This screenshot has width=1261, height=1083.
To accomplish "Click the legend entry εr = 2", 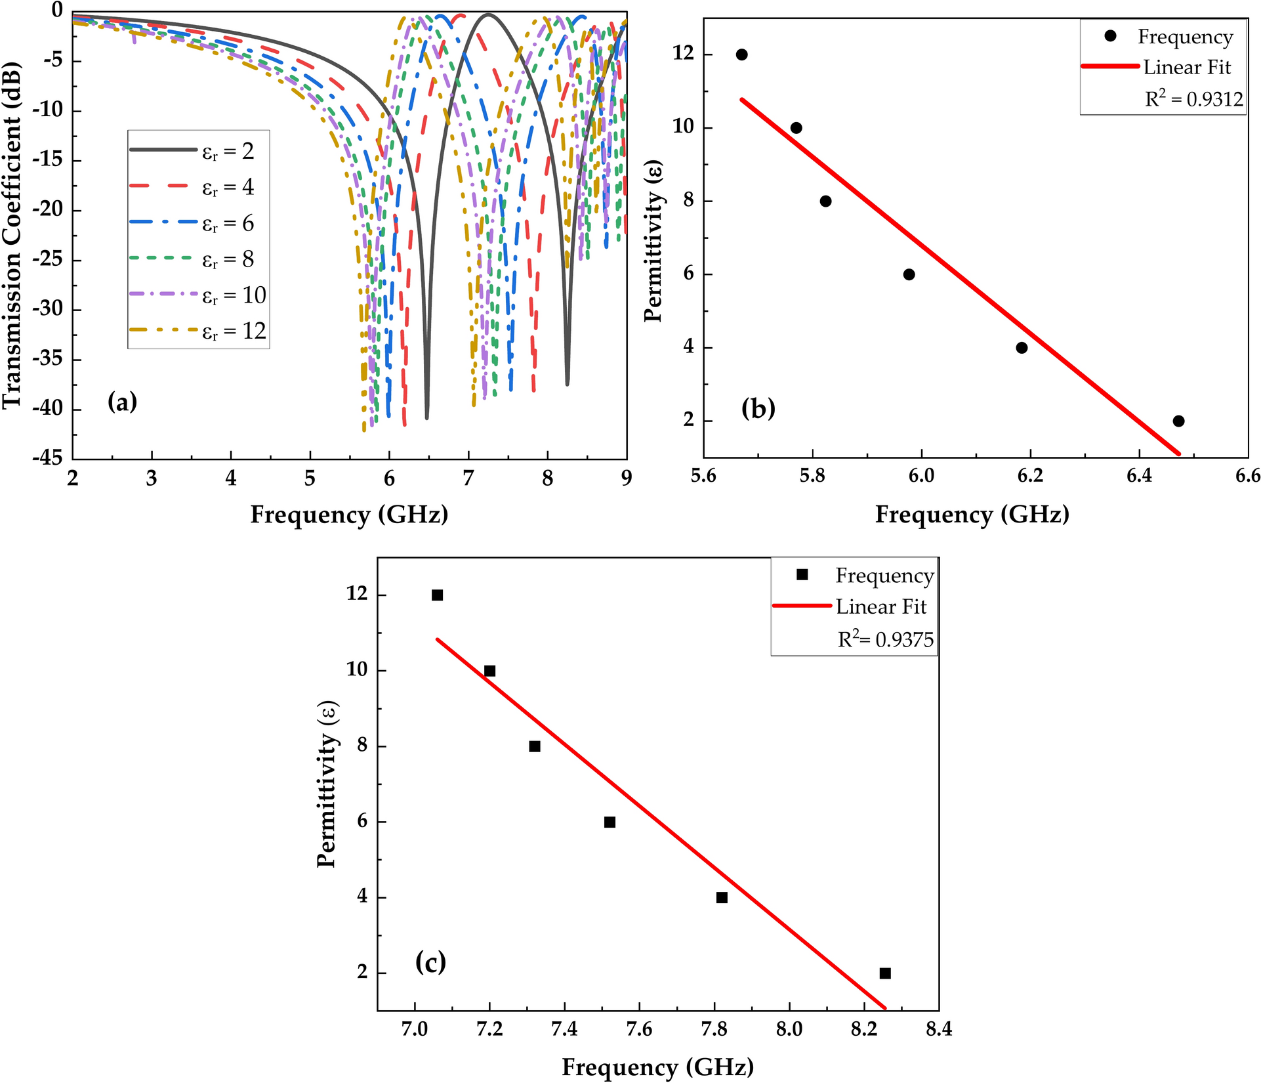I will click(x=227, y=152).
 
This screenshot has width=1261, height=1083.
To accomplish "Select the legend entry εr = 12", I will click(x=233, y=331).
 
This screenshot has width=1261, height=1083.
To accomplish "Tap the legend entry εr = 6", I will click(x=227, y=224).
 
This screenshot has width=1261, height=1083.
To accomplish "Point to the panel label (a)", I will click(x=122, y=401).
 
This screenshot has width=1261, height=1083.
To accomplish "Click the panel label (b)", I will click(x=758, y=408).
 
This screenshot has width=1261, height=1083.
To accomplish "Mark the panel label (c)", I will click(x=430, y=962).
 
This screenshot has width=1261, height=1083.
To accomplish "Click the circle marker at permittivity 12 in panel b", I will click(x=741, y=54).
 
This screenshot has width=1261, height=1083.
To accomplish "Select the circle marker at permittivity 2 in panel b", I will click(x=1178, y=421).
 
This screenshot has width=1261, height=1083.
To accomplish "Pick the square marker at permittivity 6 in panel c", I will click(x=610, y=822).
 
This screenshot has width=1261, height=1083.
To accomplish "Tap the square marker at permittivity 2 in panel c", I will click(x=885, y=973).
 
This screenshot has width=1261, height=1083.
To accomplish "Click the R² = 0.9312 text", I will click(x=1194, y=99).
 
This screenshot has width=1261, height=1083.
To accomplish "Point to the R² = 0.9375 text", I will click(x=885, y=639).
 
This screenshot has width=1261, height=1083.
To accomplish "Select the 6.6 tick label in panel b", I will click(x=1247, y=475).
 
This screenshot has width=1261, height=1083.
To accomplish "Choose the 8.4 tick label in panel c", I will click(x=939, y=1029).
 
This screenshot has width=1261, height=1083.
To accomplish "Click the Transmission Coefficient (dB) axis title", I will click(x=13, y=235).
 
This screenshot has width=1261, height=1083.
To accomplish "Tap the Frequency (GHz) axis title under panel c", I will click(x=657, y=1067).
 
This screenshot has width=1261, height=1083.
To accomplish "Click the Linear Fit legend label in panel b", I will click(x=1187, y=68).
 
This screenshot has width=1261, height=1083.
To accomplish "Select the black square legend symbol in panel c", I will click(x=802, y=574).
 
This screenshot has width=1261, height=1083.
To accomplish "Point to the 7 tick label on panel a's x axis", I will click(x=468, y=478).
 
